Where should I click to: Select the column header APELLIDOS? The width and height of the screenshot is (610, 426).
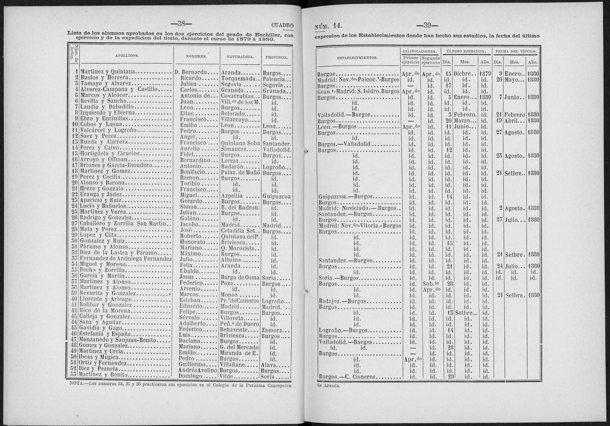coord(127,56)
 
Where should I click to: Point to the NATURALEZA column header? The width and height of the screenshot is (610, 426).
coord(240,56)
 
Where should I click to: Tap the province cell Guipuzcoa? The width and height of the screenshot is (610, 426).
coord(276,197)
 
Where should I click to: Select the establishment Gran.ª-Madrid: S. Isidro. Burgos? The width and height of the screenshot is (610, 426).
coord(358,92)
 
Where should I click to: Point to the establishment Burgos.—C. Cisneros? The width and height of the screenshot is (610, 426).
coord(347,377)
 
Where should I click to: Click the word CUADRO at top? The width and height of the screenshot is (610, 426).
coord(283,26)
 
